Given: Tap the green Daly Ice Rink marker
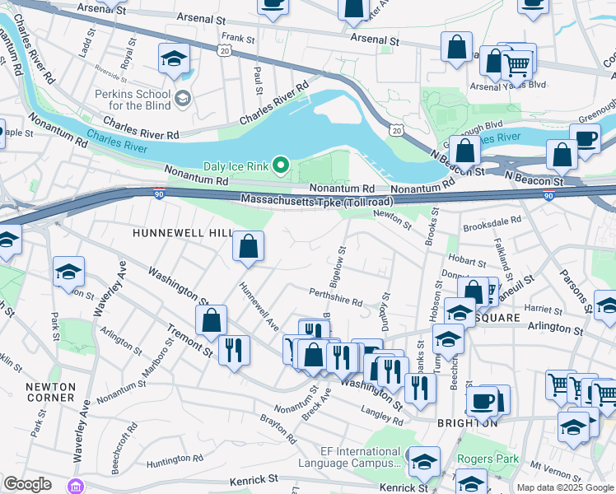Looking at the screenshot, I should (x=281, y=166).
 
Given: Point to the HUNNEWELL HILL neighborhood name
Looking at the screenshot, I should (x=184, y=233).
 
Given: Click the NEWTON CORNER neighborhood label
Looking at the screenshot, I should (x=50, y=392).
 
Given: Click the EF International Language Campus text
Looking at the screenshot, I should (x=361, y=458).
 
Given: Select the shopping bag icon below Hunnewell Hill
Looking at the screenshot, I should (x=248, y=246).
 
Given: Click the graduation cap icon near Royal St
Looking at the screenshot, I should (x=174, y=58).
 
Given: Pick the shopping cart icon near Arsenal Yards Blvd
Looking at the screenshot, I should (x=517, y=63).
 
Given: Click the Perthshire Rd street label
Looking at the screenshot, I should (x=336, y=302).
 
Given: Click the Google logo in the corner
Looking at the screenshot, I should (x=27, y=484).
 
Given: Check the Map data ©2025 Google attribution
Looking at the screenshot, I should (x=564, y=487).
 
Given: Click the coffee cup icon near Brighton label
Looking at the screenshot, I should (x=482, y=401).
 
